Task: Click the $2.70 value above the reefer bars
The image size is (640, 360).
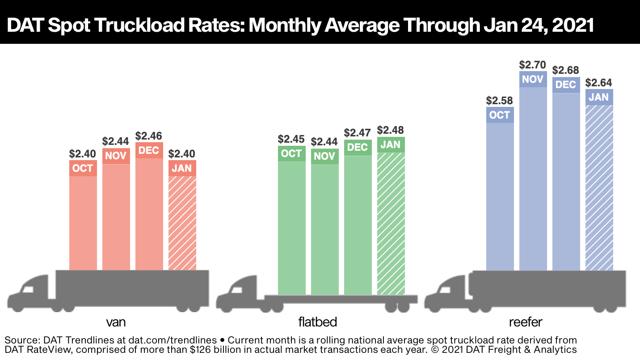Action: coord(533,65)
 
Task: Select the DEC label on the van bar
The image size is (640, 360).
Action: coord(149,150)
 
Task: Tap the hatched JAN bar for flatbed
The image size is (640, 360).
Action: coord(391,224)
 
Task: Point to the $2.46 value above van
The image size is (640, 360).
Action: coord(149,136)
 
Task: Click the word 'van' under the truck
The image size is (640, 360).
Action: coord(115,322)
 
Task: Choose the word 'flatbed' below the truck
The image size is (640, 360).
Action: coord(317,322)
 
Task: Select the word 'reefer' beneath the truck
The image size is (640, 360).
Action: coord(526,322)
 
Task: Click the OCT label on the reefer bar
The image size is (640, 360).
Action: coord(500,115)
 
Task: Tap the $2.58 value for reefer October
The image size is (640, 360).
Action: coord(500,101)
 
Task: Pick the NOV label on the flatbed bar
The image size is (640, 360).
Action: coord(324,157)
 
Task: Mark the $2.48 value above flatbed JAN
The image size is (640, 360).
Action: coord(391,130)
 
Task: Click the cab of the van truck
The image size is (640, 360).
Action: coord(31,293)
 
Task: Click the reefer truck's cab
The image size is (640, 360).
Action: coord(447,293)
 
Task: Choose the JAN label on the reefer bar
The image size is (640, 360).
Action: coord(599,97)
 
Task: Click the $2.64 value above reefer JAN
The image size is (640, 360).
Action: coord(599,83)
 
